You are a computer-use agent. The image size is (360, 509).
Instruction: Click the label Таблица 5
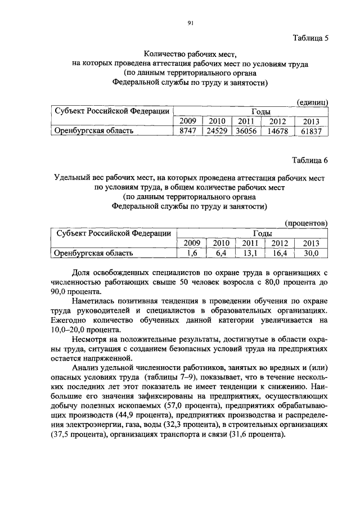tap(310, 39)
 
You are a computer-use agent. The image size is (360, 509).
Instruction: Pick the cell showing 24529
tap(216, 131)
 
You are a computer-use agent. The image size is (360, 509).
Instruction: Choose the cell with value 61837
tap(310, 131)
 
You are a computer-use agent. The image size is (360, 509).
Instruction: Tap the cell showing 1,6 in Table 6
tap(192, 254)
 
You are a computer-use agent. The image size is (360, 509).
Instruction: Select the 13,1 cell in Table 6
tap(250, 254)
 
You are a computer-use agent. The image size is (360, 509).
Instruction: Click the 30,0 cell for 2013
tap(311, 254)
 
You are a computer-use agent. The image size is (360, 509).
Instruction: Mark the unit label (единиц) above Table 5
tap(312, 101)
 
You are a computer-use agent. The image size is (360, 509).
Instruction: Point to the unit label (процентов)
tap(307, 224)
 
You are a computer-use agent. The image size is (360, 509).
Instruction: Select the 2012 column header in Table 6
tap(280, 244)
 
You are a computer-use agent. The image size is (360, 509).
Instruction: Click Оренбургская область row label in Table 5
tap(93, 131)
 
